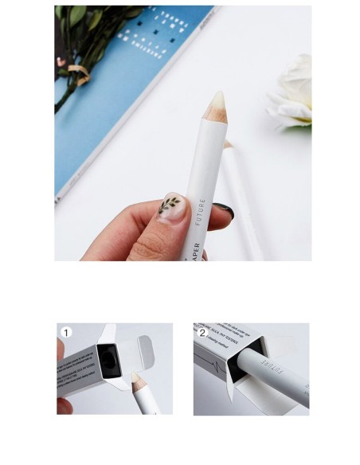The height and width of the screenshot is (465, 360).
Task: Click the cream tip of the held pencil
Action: pyautogui.click(x=219, y=99)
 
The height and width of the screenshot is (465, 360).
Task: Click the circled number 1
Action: pyautogui.click(x=67, y=332)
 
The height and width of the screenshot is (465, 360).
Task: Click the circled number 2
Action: pyautogui.click(x=202, y=331)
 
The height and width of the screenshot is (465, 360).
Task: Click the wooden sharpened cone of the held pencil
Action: pyautogui.click(x=215, y=115)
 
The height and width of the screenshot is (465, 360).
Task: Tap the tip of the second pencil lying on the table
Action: pyautogui.click(x=228, y=144)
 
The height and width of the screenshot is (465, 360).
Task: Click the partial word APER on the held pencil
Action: pyautogui.click(x=195, y=248)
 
